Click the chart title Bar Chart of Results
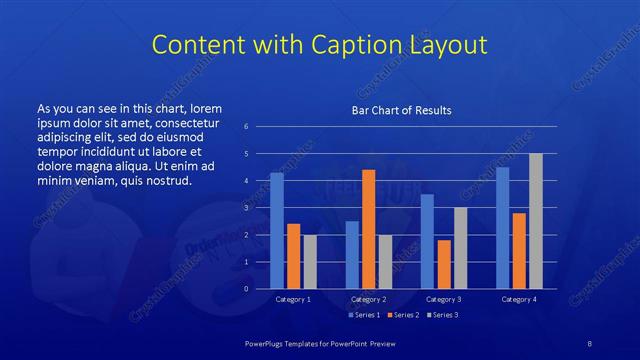pos(401,110)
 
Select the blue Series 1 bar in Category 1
pos(277,230)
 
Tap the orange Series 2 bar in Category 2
pos(369,229)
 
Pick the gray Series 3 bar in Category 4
pos(535,221)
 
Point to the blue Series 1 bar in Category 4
pos(502,228)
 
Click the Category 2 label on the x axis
pos(369,299)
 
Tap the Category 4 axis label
pos(518,299)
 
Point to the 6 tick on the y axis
pos(246,126)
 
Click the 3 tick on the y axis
pos(246,208)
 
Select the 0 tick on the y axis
pos(246,289)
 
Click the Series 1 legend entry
pos(364,315)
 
